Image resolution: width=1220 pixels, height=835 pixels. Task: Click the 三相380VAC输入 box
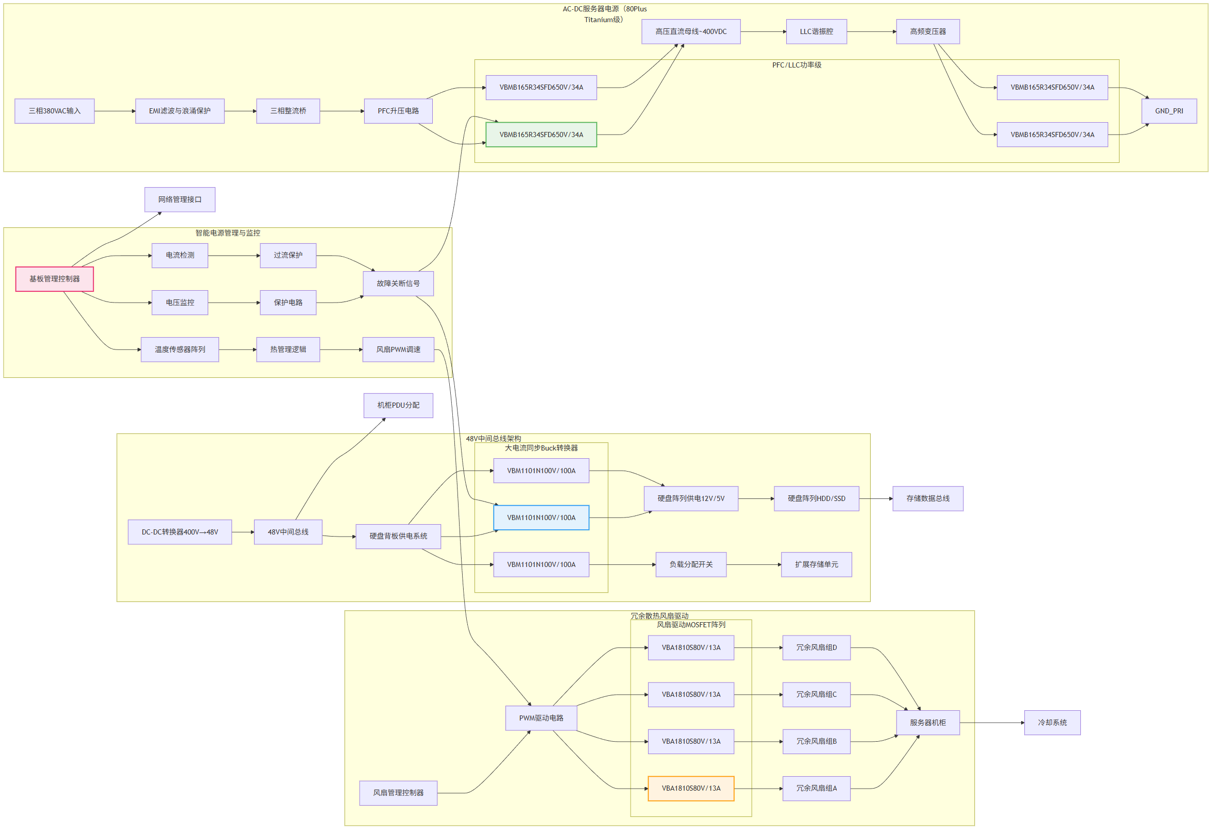55,111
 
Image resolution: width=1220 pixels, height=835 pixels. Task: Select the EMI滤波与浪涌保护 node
180,111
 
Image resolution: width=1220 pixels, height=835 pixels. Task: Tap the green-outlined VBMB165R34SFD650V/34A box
542,135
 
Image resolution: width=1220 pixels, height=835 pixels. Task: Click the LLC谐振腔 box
817,31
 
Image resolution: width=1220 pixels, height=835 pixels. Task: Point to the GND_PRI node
1170,111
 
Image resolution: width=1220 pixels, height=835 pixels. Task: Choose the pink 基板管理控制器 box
55,279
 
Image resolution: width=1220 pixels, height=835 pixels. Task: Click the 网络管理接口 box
180,200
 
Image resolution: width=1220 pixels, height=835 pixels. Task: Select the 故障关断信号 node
398,284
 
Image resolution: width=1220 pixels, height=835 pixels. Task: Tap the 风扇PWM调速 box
398,350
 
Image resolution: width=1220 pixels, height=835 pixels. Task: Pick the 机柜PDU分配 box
398,406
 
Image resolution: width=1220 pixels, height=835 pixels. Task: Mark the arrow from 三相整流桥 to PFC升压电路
342,111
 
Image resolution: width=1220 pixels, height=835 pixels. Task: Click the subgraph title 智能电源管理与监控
228,233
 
